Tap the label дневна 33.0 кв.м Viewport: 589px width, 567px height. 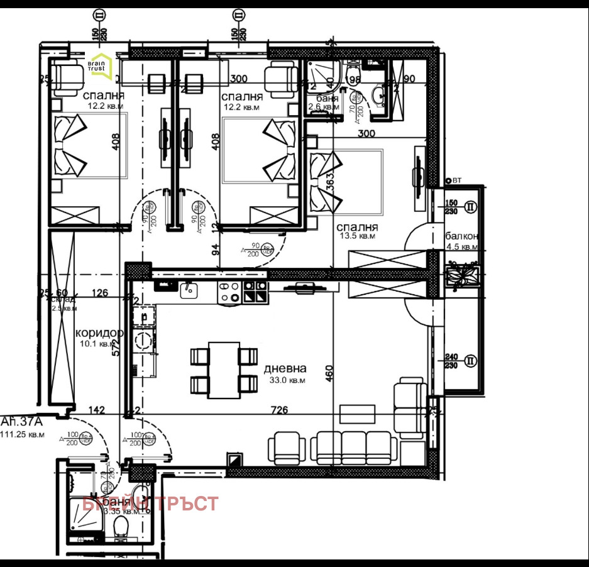[x=285, y=374]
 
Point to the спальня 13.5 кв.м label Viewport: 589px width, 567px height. [x=356, y=231]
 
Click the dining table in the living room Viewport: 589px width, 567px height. [x=224, y=370]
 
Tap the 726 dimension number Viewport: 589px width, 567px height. [x=279, y=410]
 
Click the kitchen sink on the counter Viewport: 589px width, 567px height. [x=188, y=290]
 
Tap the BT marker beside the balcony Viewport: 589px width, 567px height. [x=456, y=180]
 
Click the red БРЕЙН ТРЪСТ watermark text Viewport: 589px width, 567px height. [x=151, y=504]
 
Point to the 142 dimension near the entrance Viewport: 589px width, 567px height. [x=96, y=410]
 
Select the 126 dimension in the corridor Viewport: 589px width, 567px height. [x=99, y=292]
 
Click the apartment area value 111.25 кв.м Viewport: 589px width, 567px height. [x=23, y=434]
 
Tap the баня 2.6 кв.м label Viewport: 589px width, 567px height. [x=323, y=102]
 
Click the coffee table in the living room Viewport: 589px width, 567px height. [x=357, y=414]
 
